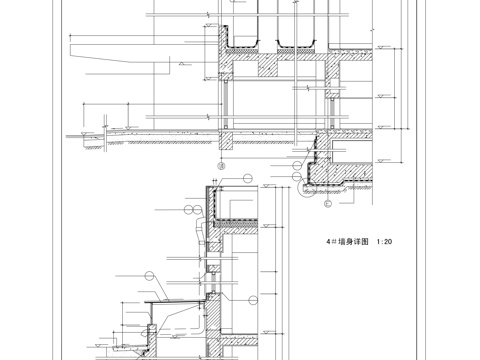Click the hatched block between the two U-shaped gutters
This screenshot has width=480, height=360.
coord(271,65)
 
